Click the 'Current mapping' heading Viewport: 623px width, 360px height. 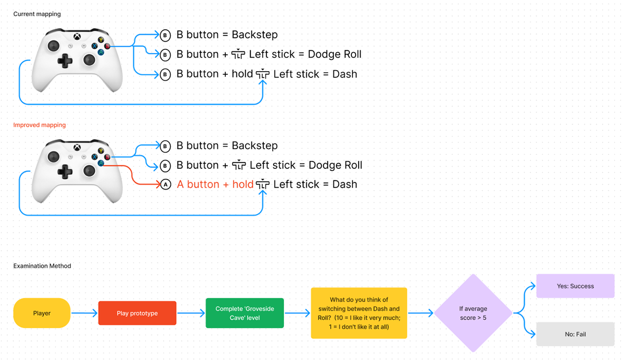click(37, 14)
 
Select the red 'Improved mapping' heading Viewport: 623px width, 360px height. click(39, 125)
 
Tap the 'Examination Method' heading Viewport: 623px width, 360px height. click(42, 265)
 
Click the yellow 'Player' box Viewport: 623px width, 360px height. click(42, 313)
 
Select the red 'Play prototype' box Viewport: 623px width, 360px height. click(137, 313)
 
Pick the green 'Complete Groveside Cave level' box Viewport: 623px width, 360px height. click(245, 313)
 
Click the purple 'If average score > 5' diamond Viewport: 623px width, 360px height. click(473, 313)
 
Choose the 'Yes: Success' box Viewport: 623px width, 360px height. click(575, 286)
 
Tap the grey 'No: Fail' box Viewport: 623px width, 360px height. click(575, 334)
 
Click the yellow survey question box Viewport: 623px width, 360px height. click(359, 313)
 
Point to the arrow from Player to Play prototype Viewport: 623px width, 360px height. click(84, 313)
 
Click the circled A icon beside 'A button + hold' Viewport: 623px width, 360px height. click(166, 184)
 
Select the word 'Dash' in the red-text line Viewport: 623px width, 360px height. click(345, 184)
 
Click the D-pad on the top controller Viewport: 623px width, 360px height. click(65, 61)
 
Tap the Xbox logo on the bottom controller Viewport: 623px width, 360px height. click(77, 148)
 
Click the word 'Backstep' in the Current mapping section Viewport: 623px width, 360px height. click(254, 35)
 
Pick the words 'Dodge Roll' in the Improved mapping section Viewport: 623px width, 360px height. click(335, 165)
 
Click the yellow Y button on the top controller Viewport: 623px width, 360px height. click(101, 40)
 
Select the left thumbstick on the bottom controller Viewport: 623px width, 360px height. click(53, 157)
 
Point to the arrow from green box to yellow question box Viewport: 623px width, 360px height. click(297, 313)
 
